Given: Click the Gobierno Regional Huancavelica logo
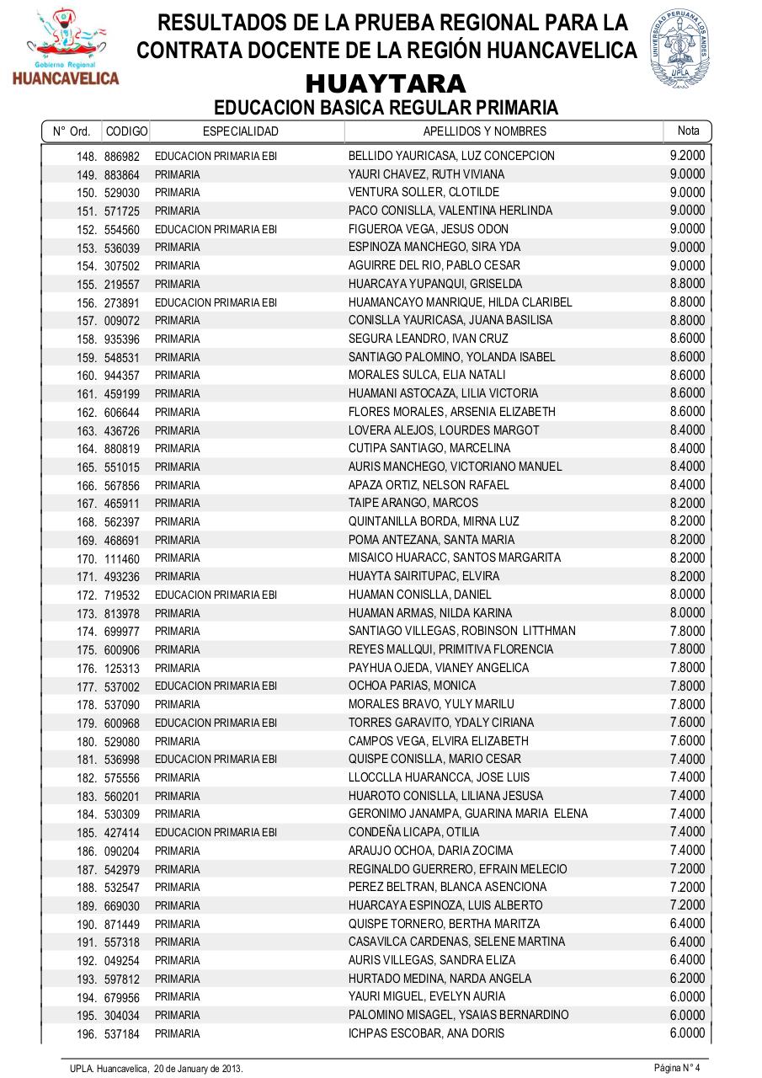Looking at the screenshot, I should click(x=66, y=48).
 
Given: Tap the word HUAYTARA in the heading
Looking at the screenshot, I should click(x=386, y=83).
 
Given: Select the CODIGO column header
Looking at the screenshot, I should click(x=126, y=131).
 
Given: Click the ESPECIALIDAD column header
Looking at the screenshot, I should click(x=240, y=131).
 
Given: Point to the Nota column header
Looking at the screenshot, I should click(x=688, y=131).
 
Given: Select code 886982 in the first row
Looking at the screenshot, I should click(x=122, y=157).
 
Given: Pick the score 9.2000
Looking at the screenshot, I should click(x=687, y=156).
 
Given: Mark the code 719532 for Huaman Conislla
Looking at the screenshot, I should click(x=122, y=595).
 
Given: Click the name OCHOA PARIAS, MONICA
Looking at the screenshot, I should click(x=412, y=686).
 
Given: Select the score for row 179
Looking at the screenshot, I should click(x=687, y=723).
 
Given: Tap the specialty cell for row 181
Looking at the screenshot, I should click(x=216, y=760).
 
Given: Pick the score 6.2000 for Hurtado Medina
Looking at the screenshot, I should click(x=687, y=979).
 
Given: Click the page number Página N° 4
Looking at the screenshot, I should click(x=677, y=1068).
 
